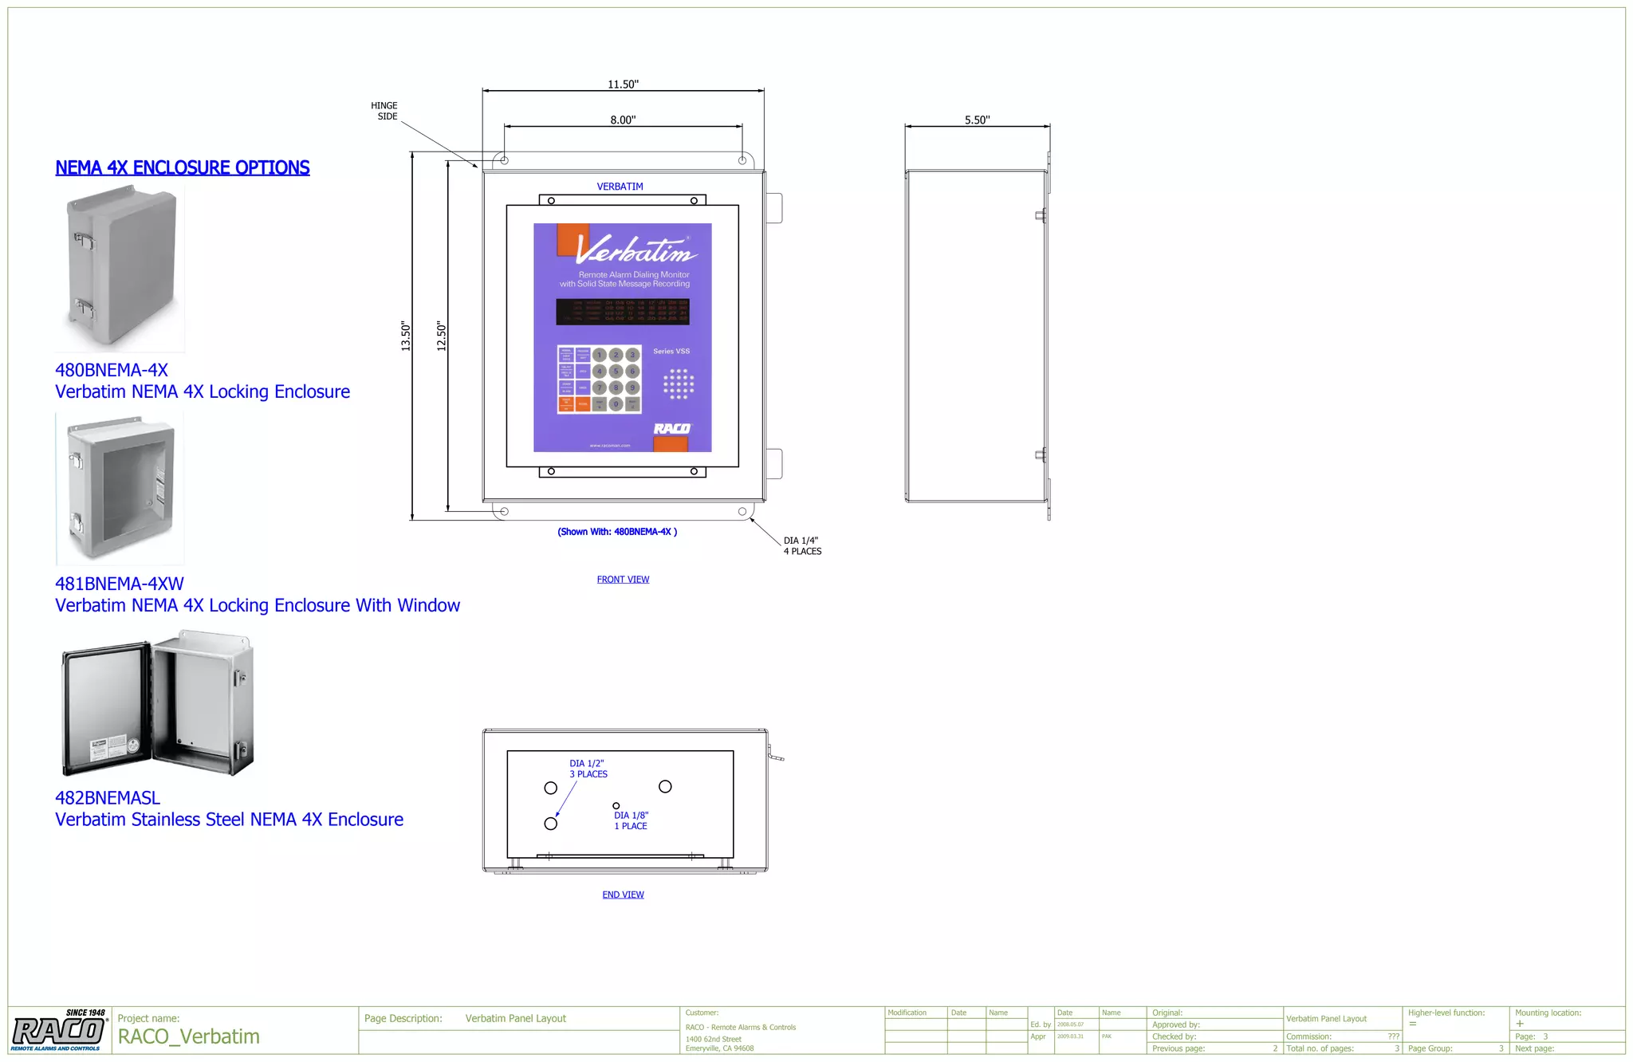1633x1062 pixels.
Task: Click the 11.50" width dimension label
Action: (x=623, y=85)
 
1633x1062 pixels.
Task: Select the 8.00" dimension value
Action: (x=623, y=120)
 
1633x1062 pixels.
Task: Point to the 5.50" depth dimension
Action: (x=977, y=120)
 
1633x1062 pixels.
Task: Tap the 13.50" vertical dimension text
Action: (x=406, y=336)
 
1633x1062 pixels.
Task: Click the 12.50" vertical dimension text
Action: (x=442, y=336)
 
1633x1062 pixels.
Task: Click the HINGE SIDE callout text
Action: (x=384, y=111)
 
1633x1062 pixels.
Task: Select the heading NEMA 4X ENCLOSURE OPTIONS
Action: (x=183, y=167)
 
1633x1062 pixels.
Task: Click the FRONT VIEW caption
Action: (x=623, y=580)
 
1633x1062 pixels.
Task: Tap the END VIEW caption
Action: (x=623, y=895)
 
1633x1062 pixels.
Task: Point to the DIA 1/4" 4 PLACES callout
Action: (x=802, y=546)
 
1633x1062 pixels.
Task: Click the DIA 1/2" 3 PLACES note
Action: (x=588, y=769)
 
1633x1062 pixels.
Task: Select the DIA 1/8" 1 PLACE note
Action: (x=632, y=820)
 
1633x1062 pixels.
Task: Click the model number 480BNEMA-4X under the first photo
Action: (x=112, y=370)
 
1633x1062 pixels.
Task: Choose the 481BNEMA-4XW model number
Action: (x=120, y=584)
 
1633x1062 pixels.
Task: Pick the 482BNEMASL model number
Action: (x=108, y=797)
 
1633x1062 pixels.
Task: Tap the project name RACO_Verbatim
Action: (x=189, y=1036)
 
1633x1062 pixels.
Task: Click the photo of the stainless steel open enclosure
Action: (x=158, y=703)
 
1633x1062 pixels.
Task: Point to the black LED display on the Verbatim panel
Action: (x=623, y=312)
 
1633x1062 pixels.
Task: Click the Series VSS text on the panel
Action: (x=671, y=352)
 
